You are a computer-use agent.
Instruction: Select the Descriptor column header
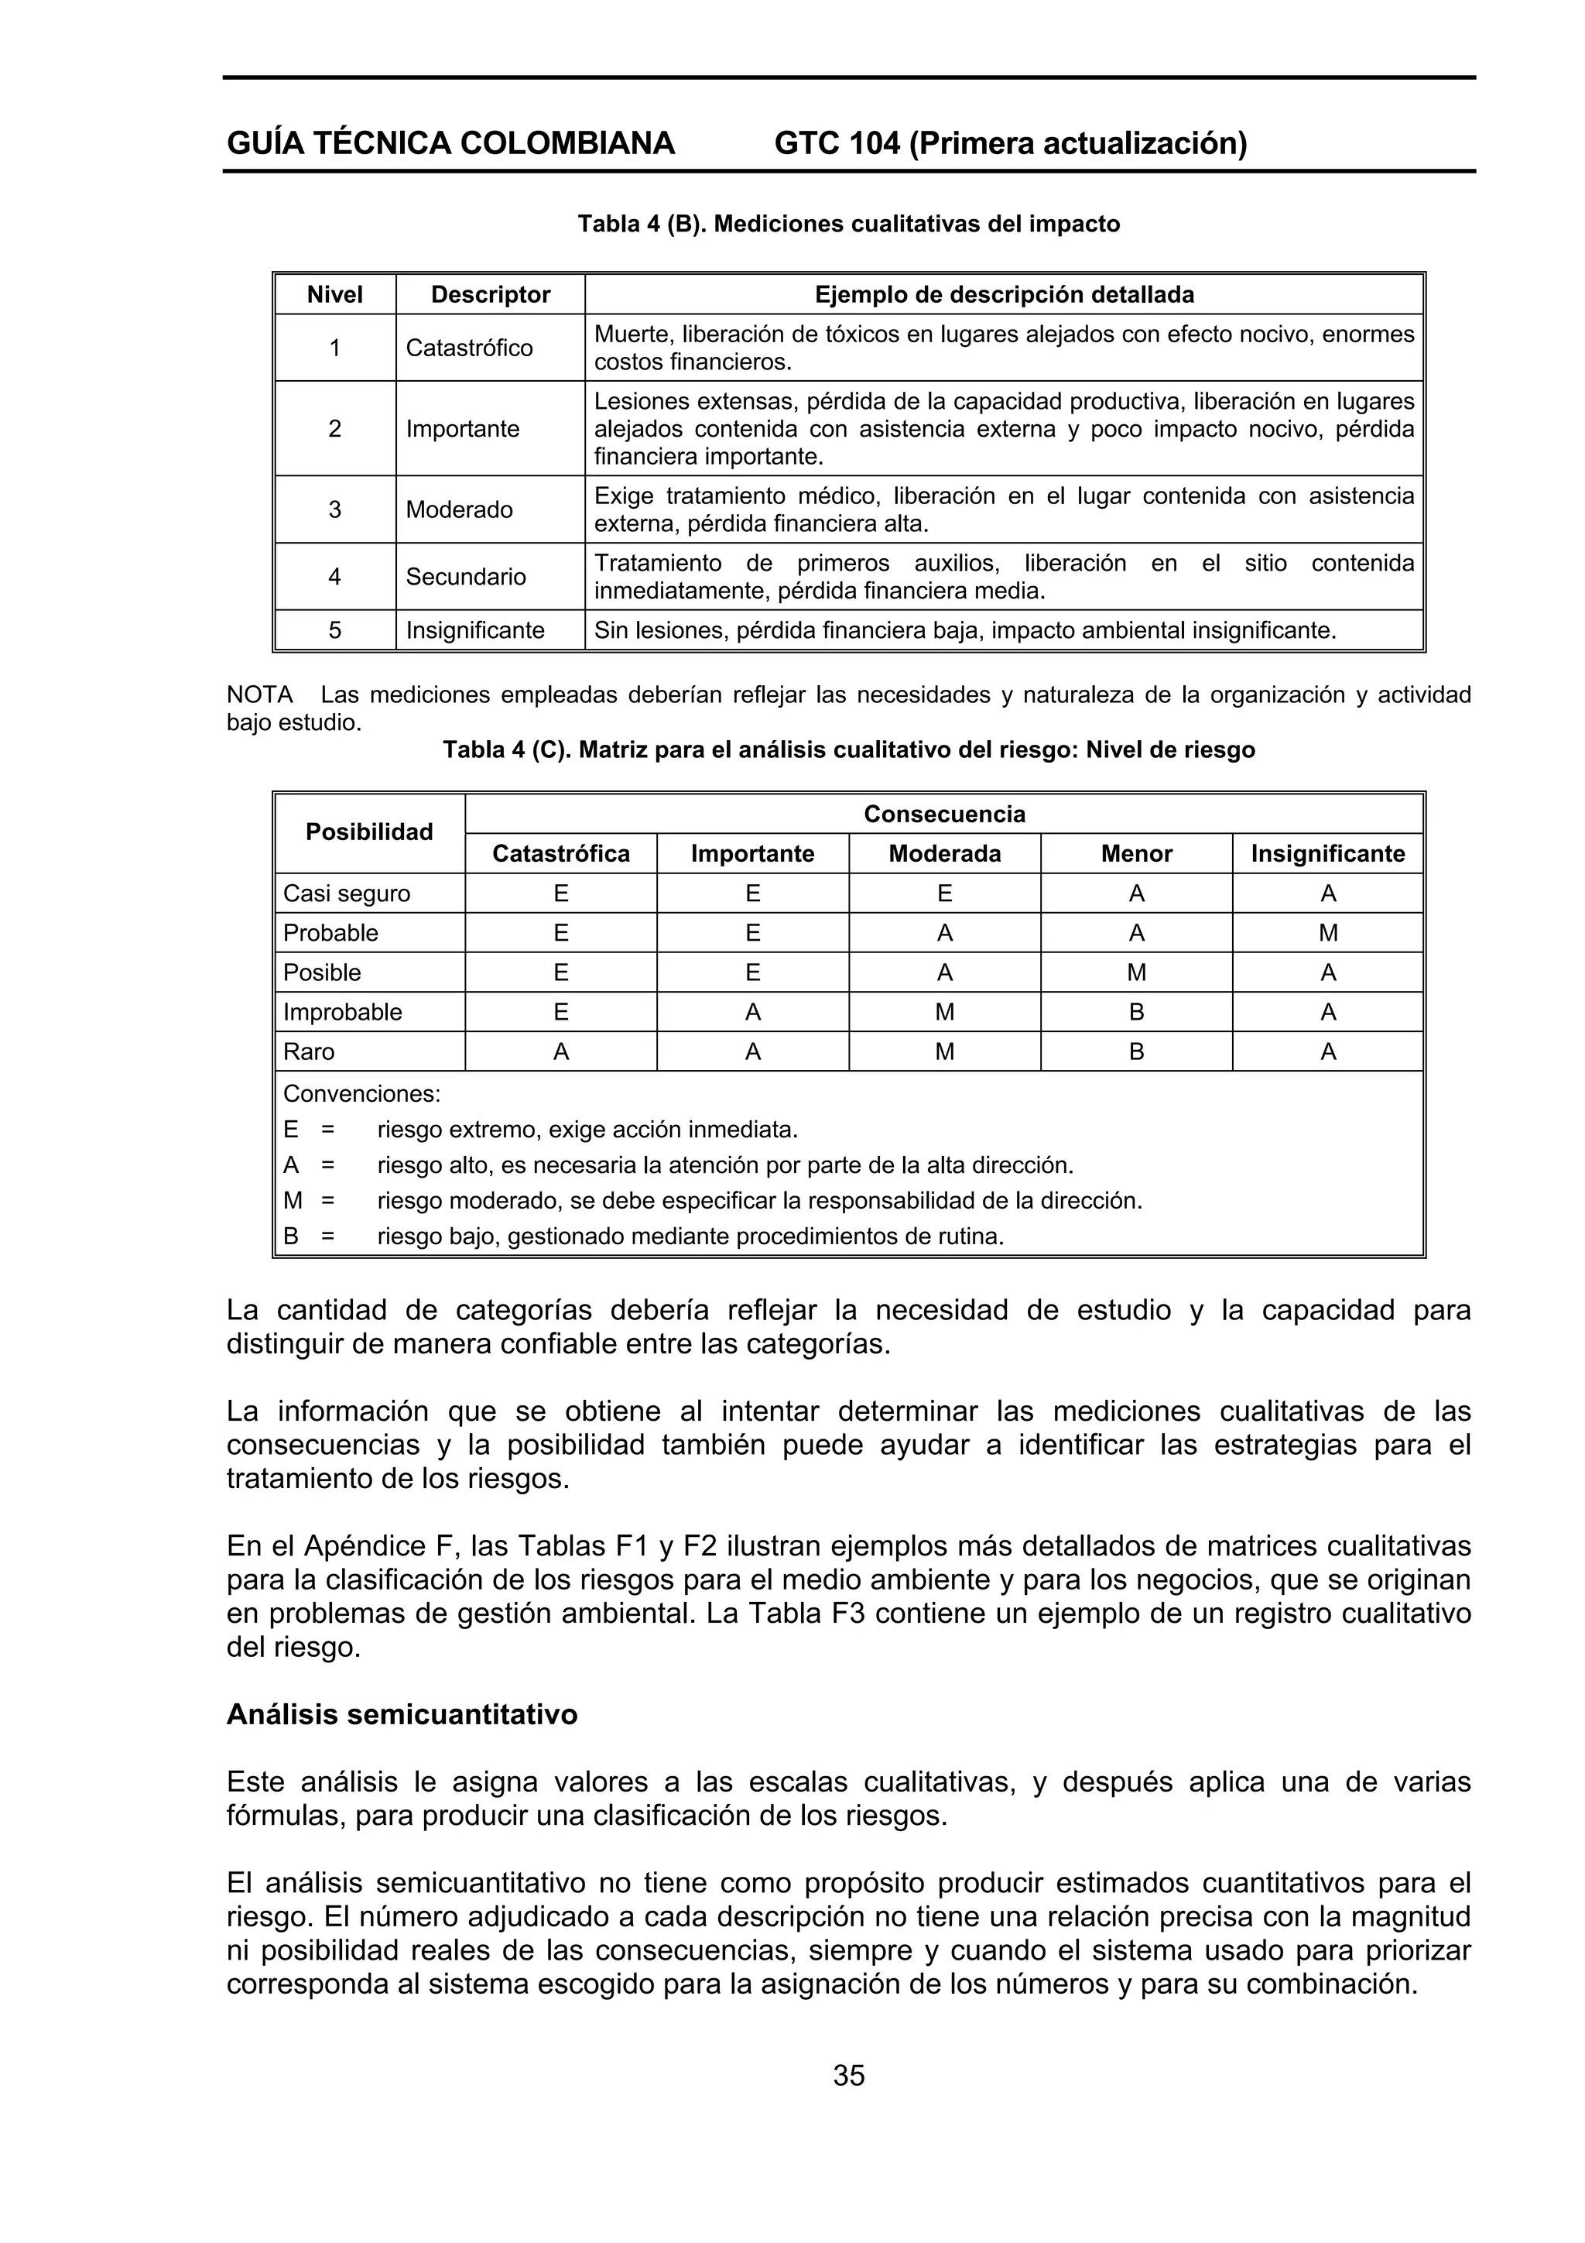490,294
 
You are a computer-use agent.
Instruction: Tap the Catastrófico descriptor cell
469,348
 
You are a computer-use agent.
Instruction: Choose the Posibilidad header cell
369,832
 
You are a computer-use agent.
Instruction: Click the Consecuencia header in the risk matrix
943,814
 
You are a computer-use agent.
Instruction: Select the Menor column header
1136,854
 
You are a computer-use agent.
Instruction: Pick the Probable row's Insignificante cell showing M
1327,933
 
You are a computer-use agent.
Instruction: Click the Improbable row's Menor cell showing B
1136,1012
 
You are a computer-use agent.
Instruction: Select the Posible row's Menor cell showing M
1136,973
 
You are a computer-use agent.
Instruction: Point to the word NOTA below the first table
260,695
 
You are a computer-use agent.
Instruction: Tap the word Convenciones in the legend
361,1093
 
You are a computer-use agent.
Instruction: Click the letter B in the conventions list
290,1236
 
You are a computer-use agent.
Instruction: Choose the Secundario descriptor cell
466,576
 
